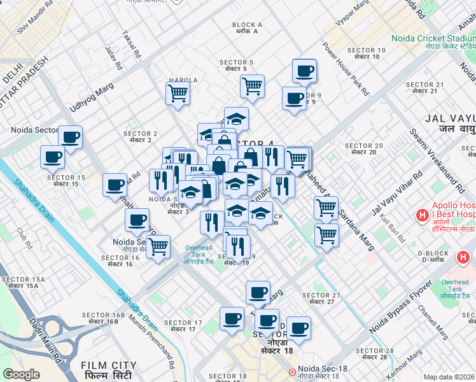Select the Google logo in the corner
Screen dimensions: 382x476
[21, 374]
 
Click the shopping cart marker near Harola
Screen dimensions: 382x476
[178, 92]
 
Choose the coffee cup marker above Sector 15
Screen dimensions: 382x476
[52, 155]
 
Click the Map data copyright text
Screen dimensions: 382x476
[449, 377]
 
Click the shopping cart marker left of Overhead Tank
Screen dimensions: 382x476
[158, 245]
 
